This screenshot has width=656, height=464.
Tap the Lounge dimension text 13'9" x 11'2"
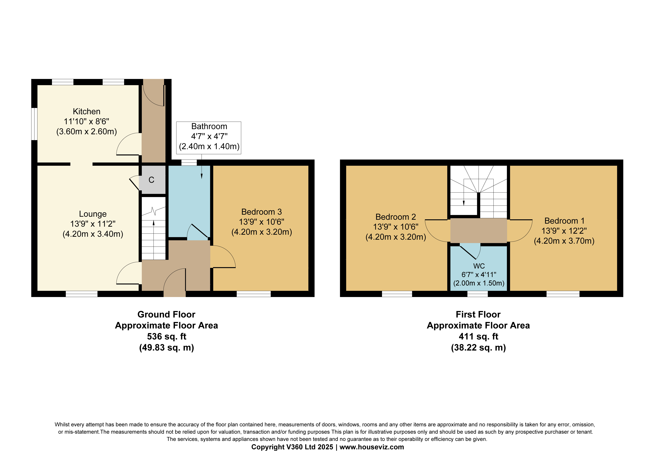[x=93, y=224]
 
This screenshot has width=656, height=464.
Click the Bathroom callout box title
[x=209, y=126]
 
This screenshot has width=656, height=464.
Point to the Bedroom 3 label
[x=261, y=212]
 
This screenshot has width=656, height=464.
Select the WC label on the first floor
[x=479, y=266]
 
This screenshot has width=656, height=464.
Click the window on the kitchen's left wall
[x=34, y=124]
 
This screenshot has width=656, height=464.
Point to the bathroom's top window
[x=189, y=162]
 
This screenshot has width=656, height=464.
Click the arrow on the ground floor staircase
[x=154, y=240]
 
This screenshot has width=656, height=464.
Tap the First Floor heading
[x=478, y=315]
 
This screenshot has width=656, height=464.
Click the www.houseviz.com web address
[x=372, y=447]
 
